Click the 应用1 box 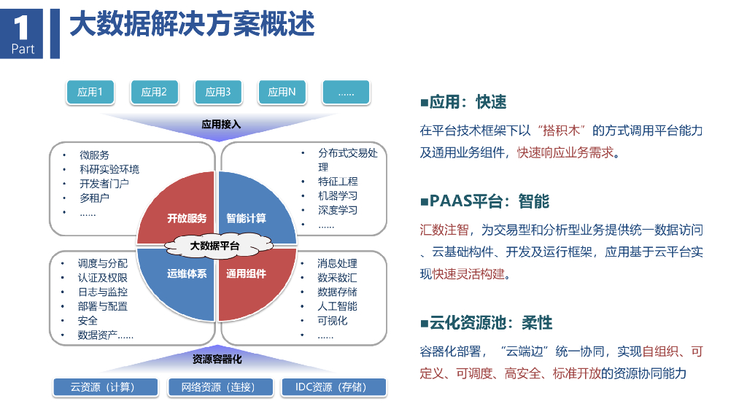pyautogui.click(x=90, y=92)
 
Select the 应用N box pyautogui.click(x=282, y=92)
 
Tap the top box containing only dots pyautogui.click(x=347, y=92)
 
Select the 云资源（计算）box pyautogui.click(x=105, y=387)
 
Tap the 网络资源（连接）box pyautogui.click(x=220, y=387)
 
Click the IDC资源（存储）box pyautogui.click(x=333, y=387)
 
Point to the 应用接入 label pyautogui.click(x=221, y=124)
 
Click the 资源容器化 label pyautogui.click(x=217, y=359)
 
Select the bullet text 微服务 pyautogui.click(x=94, y=155)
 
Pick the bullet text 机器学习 pyautogui.click(x=338, y=195)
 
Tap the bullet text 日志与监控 pyautogui.click(x=103, y=292)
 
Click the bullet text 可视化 pyautogui.click(x=333, y=321)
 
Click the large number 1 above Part pyautogui.click(x=21, y=27)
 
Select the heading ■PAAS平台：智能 pyautogui.click(x=485, y=201)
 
